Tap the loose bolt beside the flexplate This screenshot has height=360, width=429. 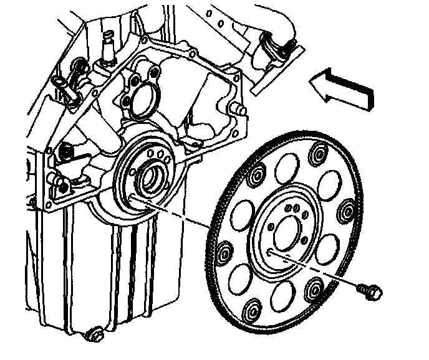click(x=369, y=290)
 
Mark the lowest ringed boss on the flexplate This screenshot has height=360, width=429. click(x=252, y=311)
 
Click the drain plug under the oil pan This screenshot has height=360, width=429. click(x=94, y=335)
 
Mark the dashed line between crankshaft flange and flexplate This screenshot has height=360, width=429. click(x=181, y=215)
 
